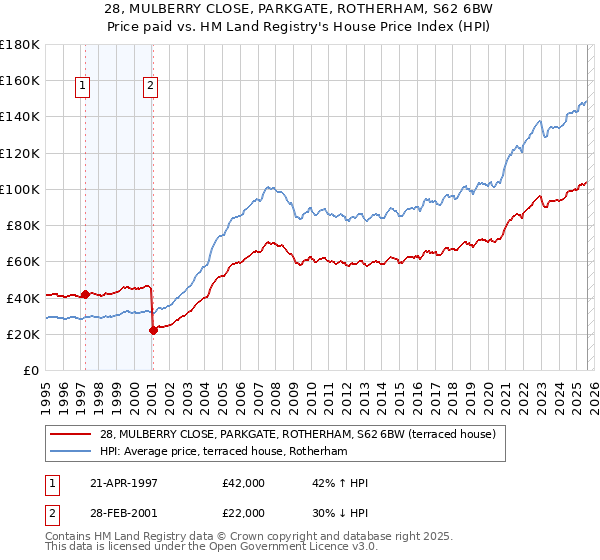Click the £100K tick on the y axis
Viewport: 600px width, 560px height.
point(20,189)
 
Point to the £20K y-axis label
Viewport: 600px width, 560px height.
point(23,334)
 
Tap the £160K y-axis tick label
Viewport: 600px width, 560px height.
point(20,80)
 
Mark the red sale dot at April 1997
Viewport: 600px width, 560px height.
point(86,294)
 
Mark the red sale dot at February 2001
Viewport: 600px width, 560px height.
point(153,331)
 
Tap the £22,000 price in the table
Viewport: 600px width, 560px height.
point(244,511)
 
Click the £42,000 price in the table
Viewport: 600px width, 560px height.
point(244,483)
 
